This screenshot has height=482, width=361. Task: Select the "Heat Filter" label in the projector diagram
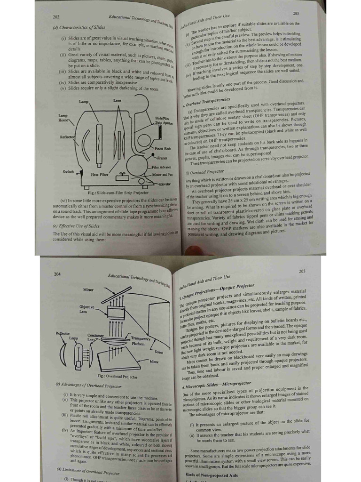pos(100,175)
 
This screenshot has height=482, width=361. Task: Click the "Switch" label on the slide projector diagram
pos(69,172)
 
